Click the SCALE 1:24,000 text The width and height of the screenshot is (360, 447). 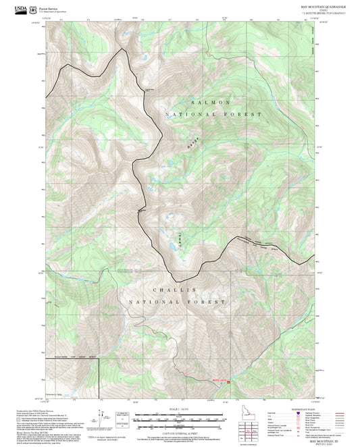click(x=170, y=409)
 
